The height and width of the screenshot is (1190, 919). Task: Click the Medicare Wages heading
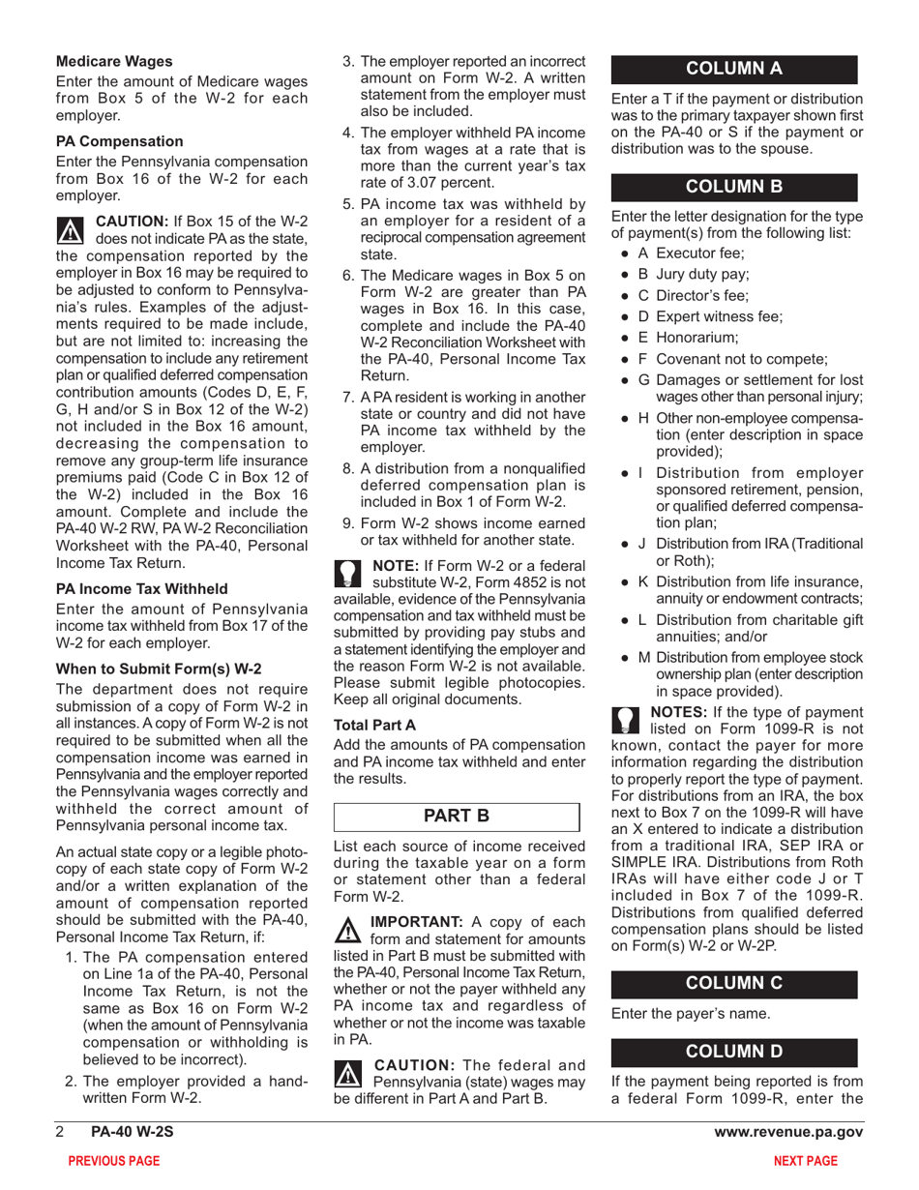(114, 62)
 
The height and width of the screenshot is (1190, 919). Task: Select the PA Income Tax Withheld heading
(142, 587)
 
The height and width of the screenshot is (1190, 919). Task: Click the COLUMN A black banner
(734, 69)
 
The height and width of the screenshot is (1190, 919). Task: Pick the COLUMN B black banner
(734, 185)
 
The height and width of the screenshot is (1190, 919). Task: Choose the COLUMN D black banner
(734, 1050)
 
